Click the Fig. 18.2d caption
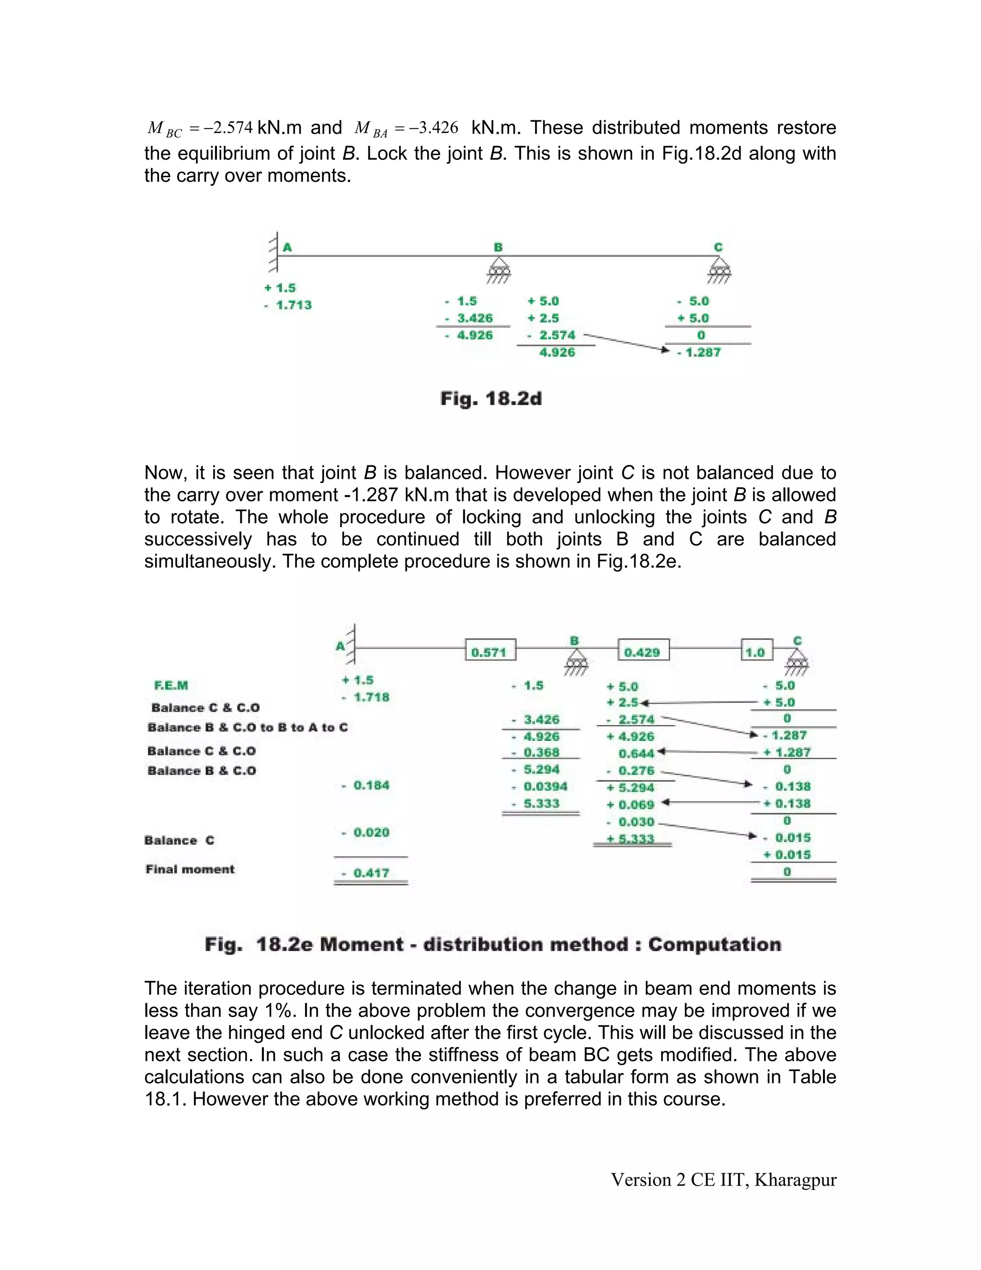[x=491, y=399]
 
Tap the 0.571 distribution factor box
[x=490, y=652]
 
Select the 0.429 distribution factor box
[x=643, y=652]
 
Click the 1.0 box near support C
[x=756, y=652]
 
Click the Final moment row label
[x=190, y=869]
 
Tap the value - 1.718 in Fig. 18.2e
[x=366, y=697]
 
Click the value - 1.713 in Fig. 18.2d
[x=289, y=305]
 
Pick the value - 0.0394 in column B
[x=540, y=787]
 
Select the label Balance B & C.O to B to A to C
[x=248, y=727]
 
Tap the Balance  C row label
[x=180, y=840]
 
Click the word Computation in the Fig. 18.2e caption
[x=714, y=945]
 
